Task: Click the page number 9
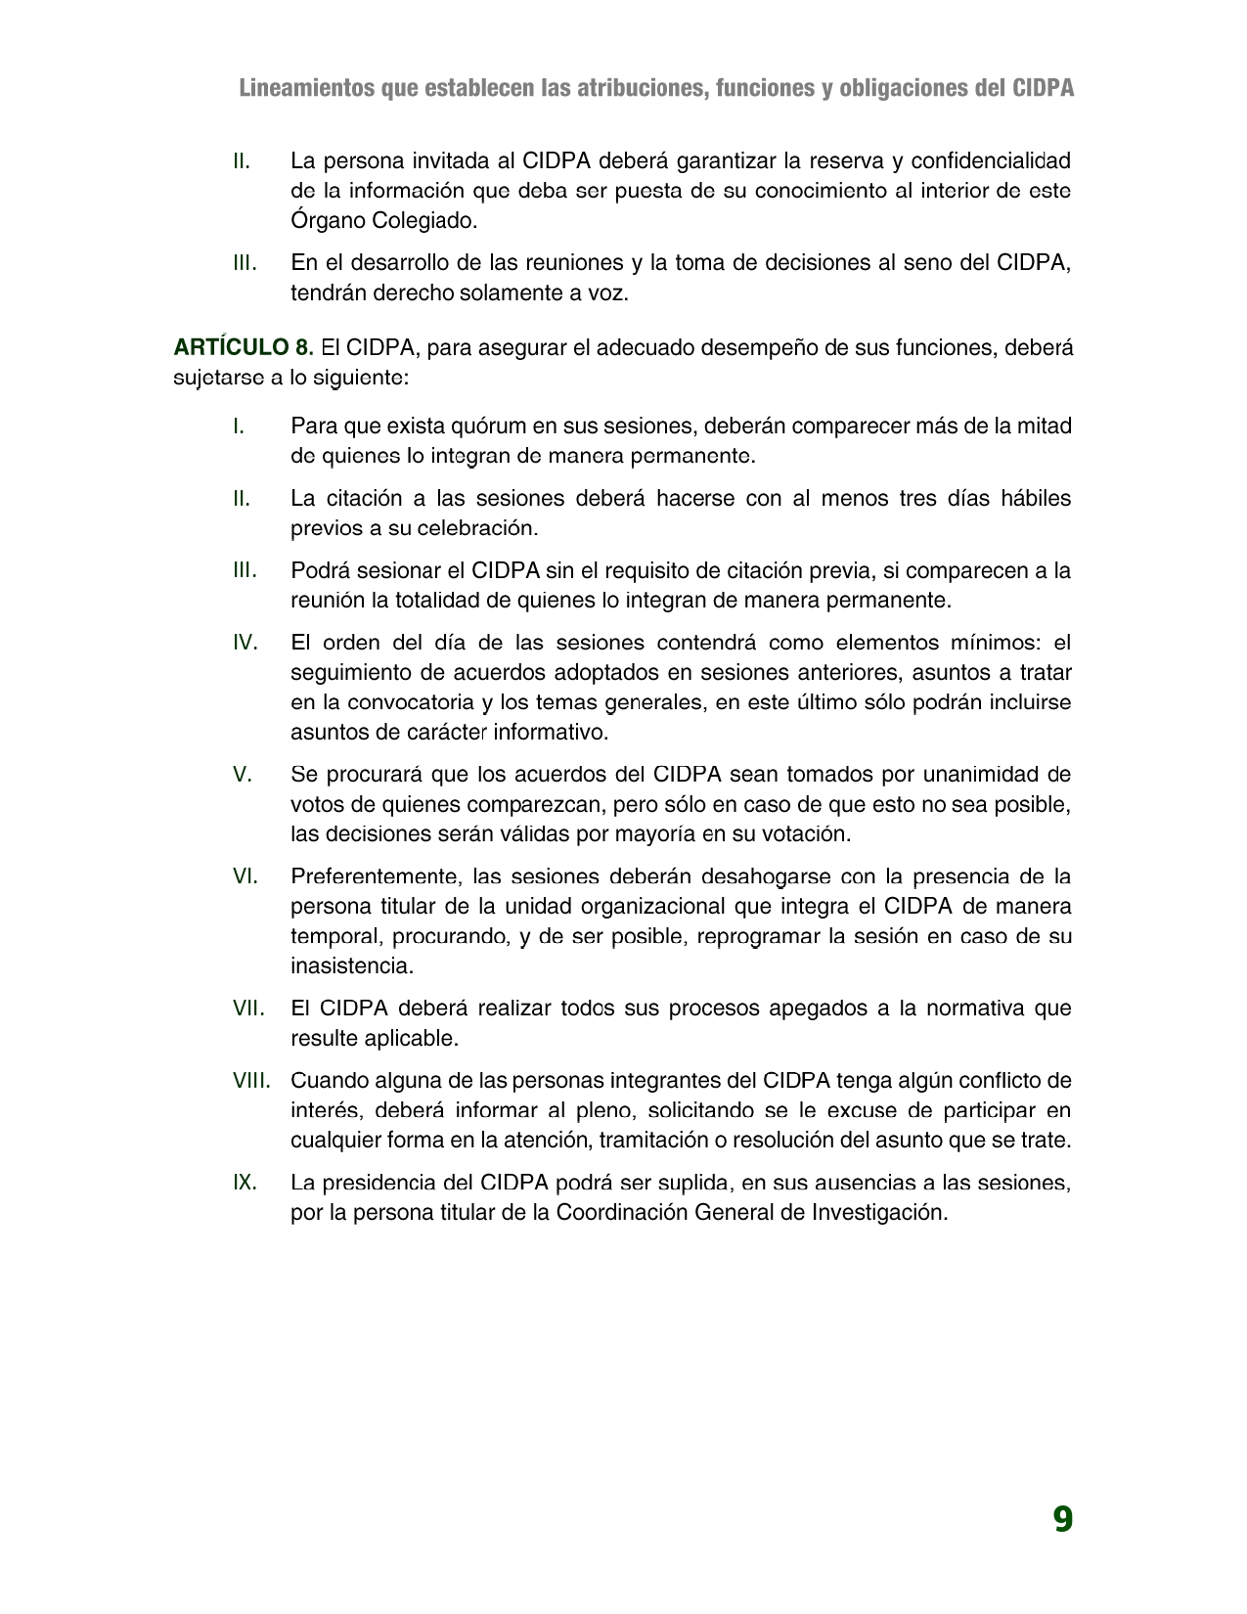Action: coord(1062,1519)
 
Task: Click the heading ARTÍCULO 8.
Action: coord(244,347)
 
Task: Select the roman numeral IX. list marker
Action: coord(245,1183)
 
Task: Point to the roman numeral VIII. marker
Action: coord(251,1081)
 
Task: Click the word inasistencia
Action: coord(352,965)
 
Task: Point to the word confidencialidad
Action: coord(991,160)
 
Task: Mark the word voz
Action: coord(607,292)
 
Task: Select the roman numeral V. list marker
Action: coord(243,775)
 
